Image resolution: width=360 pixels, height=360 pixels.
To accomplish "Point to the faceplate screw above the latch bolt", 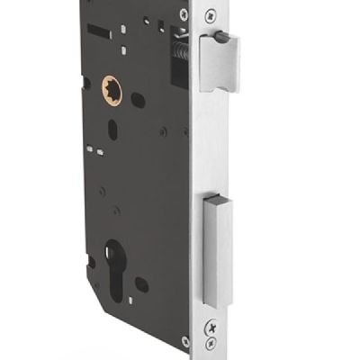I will [209, 15].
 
